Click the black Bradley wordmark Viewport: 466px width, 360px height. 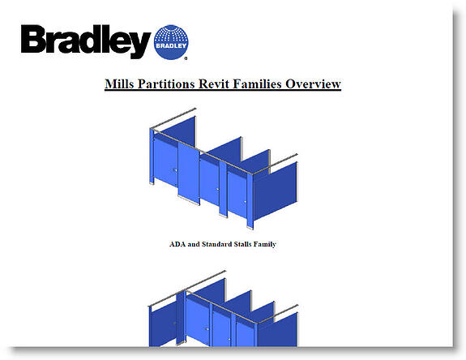(x=86, y=41)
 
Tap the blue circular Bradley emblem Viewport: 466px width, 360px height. (x=171, y=42)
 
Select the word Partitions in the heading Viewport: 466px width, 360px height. (x=166, y=84)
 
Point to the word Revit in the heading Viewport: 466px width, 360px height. (x=214, y=84)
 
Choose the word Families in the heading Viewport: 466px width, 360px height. (x=258, y=84)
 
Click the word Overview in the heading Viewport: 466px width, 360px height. (x=313, y=84)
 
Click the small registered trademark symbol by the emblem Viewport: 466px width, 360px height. (x=186, y=58)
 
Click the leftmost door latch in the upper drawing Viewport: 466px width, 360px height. (x=175, y=170)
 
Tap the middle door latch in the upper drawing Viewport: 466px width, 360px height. (x=217, y=190)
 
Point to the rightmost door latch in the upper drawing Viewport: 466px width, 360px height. (x=246, y=202)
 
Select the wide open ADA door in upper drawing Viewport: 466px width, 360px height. (x=189, y=173)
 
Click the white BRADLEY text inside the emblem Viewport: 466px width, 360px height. (x=171, y=45)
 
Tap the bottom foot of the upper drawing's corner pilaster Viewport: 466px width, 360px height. (x=250, y=228)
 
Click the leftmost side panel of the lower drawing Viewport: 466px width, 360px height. (x=163, y=326)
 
